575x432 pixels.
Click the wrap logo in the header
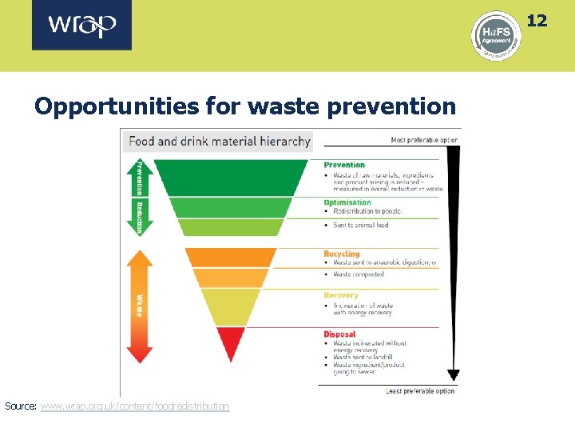click(81, 26)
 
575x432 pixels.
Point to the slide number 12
click(537, 20)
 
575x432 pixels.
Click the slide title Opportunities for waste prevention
click(245, 106)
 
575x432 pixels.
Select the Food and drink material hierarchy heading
click(219, 141)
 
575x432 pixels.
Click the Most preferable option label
click(424, 140)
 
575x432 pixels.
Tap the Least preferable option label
click(419, 390)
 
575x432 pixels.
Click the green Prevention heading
click(344, 165)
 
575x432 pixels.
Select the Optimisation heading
click(347, 202)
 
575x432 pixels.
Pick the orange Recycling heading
click(342, 254)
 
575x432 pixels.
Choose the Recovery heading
click(341, 295)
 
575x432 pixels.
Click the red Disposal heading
click(339, 334)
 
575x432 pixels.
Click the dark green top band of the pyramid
click(230, 177)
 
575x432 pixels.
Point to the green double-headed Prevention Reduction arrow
click(139, 196)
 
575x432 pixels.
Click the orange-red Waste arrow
click(139, 306)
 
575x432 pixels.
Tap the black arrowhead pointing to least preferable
click(453, 373)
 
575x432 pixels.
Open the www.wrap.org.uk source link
click(134, 406)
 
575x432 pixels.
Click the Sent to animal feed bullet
click(360, 226)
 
